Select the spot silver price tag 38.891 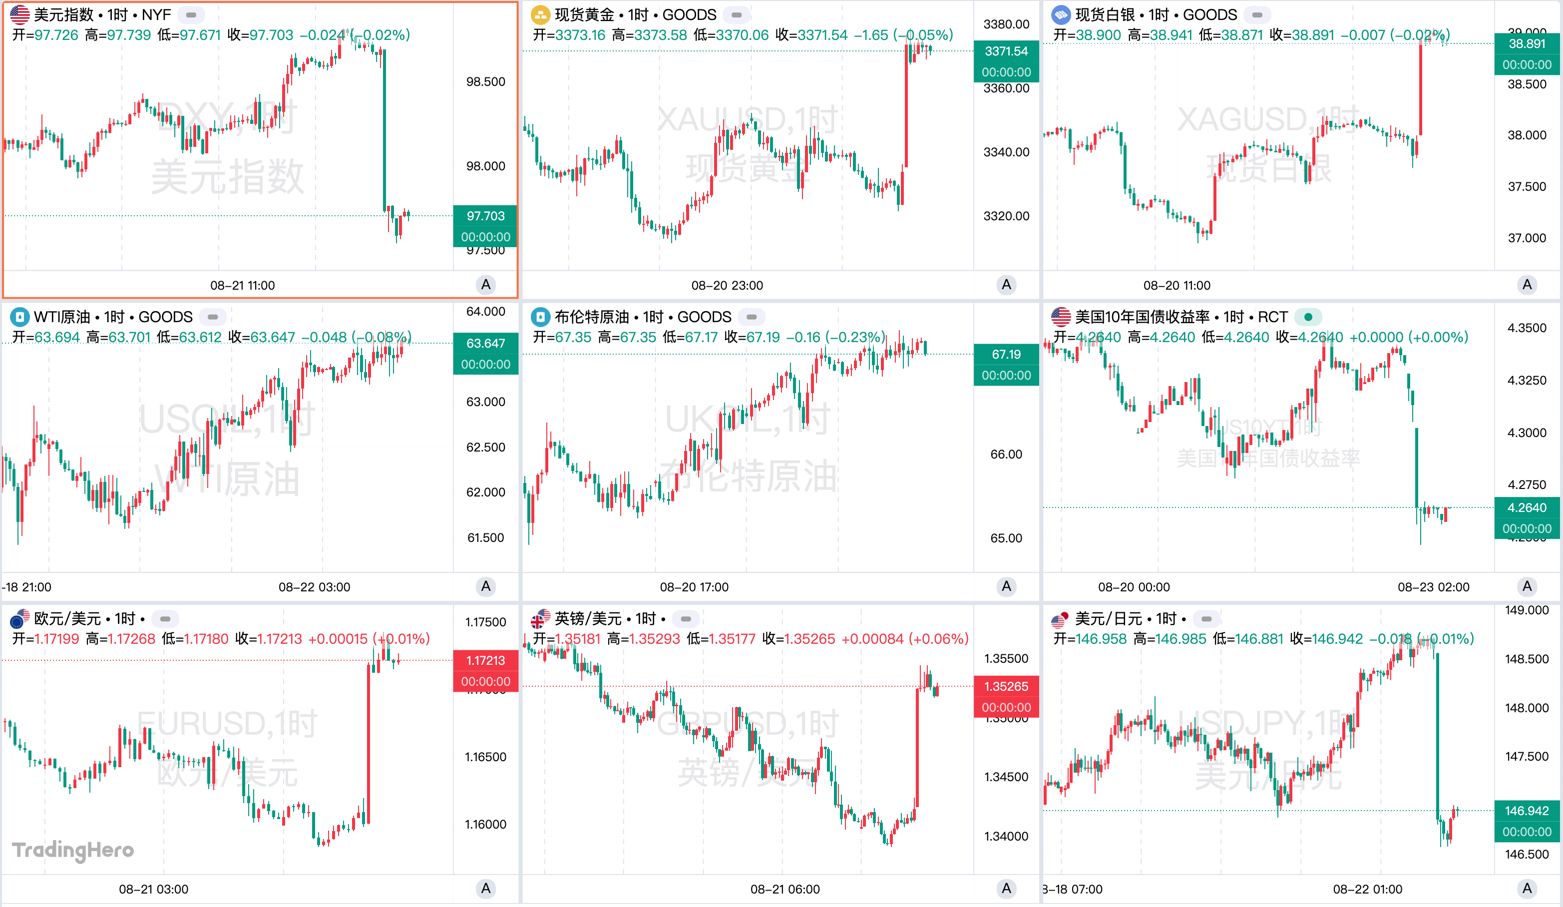click(x=1527, y=44)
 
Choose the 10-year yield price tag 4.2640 click(x=1527, y=508)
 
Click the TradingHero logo click(x=73, y=850)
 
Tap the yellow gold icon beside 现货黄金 click(x=540, y=15)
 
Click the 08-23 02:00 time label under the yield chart click(x=1433, y=587)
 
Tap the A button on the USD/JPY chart click(x=1527, y=889)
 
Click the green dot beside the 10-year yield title click(x=1308, y=317)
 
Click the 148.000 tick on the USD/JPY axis click(x=1527, y=708)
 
